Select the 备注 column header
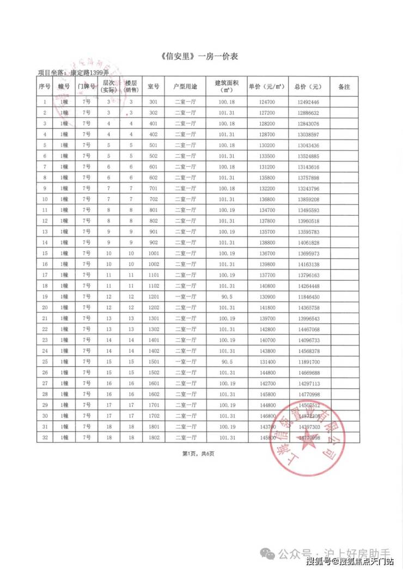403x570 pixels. pos(344,87)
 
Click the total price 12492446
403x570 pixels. pos(308,102)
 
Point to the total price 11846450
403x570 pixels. pos(308,296)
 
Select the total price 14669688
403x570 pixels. pos(308,373)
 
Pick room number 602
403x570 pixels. pos(153,178)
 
